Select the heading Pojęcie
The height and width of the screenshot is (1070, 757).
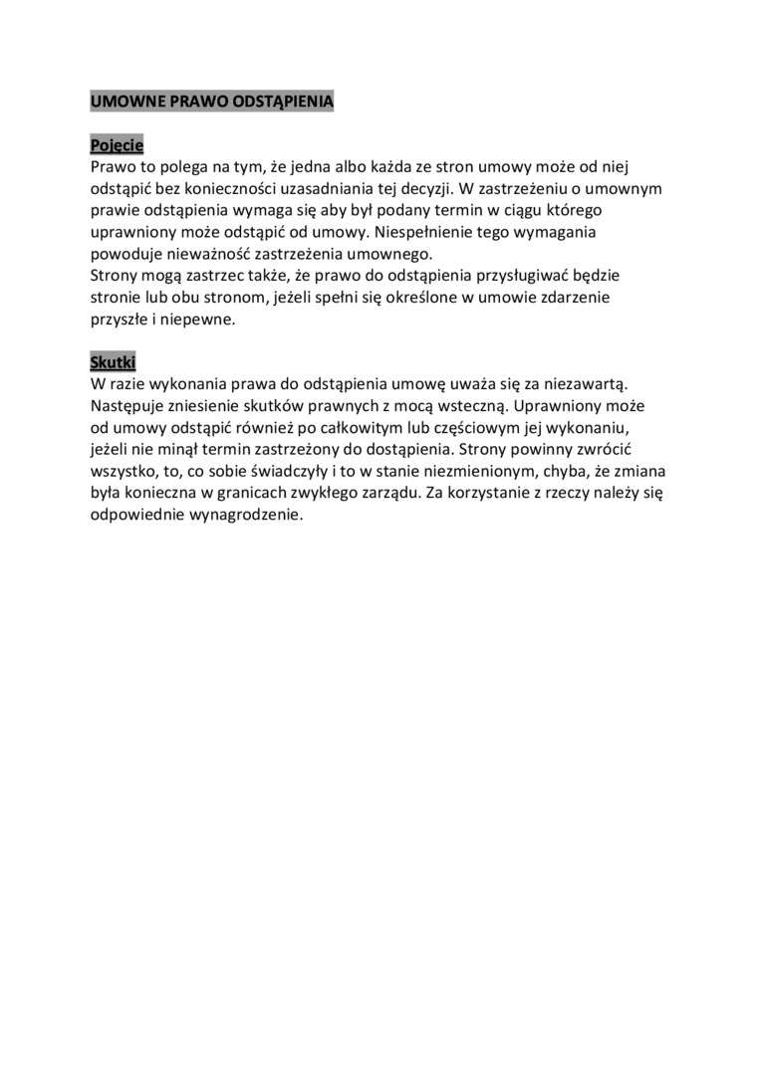pos(117,144)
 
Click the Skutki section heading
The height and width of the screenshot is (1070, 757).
pos(113,360)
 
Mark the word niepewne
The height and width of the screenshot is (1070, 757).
pos(202,319)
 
